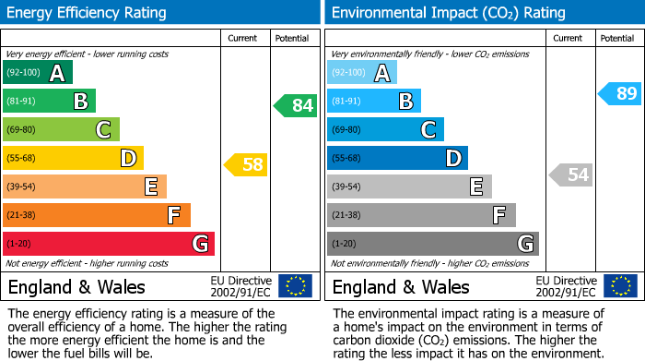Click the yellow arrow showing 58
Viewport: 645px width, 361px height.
pos(247,165)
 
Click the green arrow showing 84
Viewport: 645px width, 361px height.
pos(296,105)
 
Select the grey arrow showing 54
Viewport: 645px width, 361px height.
pos(571,174)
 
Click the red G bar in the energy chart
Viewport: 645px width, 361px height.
pos(109,244)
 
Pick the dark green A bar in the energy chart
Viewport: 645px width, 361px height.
pos(38,73)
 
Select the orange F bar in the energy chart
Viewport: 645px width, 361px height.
pos(97,215)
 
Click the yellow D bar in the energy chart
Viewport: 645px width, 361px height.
pos(73,158)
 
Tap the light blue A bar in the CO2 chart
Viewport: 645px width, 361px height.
pos(362,73)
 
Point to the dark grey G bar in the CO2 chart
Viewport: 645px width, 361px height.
pos(432,244)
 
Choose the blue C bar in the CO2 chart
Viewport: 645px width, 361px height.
pos(385,129)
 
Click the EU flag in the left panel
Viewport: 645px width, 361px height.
pos(295,286)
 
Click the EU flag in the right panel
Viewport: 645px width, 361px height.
pos(620,286)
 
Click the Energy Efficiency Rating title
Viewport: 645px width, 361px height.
pos(88,13)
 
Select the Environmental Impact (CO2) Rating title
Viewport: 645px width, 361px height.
pos(448,13)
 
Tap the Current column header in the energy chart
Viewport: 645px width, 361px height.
pos(242,38)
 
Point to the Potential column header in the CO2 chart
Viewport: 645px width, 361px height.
pos(616,38)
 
